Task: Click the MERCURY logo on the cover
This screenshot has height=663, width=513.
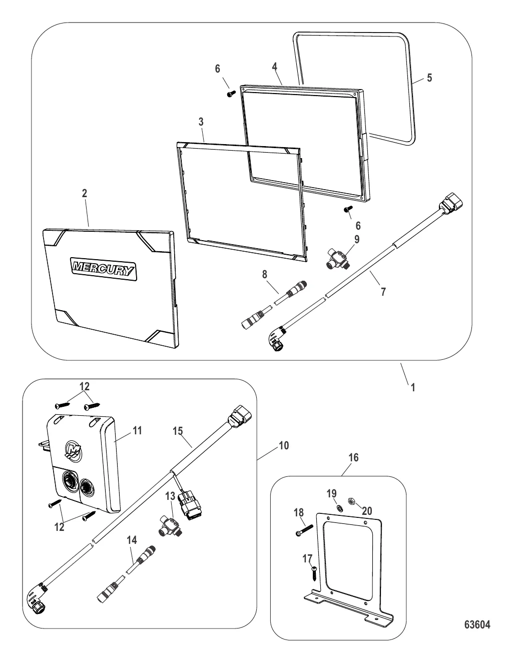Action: coord(103,269)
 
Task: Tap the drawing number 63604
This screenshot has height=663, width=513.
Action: coord(477,624)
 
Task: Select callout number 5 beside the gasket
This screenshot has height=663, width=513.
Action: coord(429,78)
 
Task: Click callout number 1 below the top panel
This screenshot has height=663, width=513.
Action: coord(413,387)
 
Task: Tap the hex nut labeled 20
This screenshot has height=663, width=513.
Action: coord(351,501)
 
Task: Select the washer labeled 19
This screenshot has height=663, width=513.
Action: coord(339,508)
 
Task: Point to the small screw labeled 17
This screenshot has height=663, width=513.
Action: coord(314,573)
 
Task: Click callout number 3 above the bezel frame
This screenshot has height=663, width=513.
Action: coord(201,122)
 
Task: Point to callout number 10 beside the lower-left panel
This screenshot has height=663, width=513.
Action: coord(284,445)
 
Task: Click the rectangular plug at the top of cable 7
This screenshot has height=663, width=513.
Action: coord(451,201)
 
